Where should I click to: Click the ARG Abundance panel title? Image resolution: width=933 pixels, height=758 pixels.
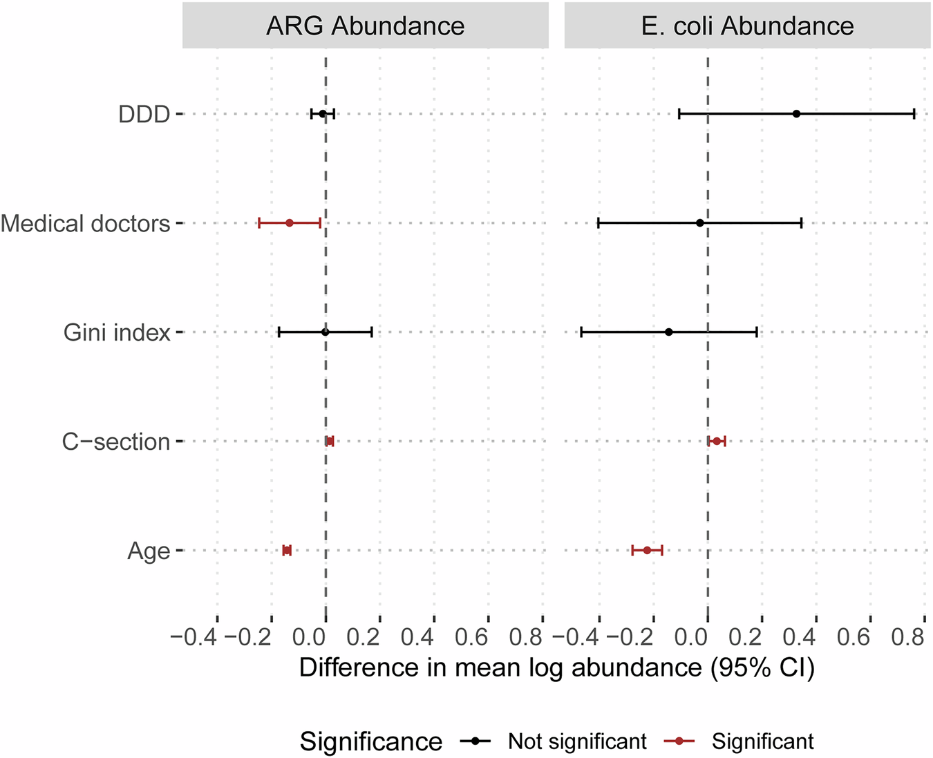[x=365, y=26]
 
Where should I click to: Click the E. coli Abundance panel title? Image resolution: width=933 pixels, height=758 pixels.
[x=747, y=26]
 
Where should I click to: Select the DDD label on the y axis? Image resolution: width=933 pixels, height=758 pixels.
[x=144, y=114]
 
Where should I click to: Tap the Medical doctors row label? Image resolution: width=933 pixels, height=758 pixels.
[x=86, y=223]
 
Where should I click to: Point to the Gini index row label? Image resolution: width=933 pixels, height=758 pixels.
[x=117, y=332]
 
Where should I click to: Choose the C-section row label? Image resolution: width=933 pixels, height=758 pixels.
[x=116, y=442]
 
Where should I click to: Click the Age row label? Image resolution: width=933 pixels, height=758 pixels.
[x=149, y=551]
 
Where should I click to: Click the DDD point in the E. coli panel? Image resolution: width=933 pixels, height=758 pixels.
[x=796, y=114]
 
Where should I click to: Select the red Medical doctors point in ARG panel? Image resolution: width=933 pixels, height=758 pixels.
[x=290, y=223]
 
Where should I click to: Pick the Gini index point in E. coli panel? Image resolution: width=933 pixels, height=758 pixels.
[x=668, y=332]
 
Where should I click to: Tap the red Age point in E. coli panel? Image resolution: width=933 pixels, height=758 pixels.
[x=647, y=551]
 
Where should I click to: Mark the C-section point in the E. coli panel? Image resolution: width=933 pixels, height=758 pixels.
[x=717, y=442]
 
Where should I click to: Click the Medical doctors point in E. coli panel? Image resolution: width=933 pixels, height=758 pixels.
[x=700, y=223]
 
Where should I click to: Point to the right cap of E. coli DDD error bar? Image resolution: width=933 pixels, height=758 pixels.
[x=914, y=114]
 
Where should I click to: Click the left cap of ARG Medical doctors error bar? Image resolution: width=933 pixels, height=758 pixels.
[x=259, y=223]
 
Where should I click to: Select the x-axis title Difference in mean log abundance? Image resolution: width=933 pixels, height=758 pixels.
[x=556, y=667]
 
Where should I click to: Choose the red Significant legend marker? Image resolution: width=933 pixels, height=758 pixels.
[x=679, y=741]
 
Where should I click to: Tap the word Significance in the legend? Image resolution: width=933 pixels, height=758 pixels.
[x=371, y=741]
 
